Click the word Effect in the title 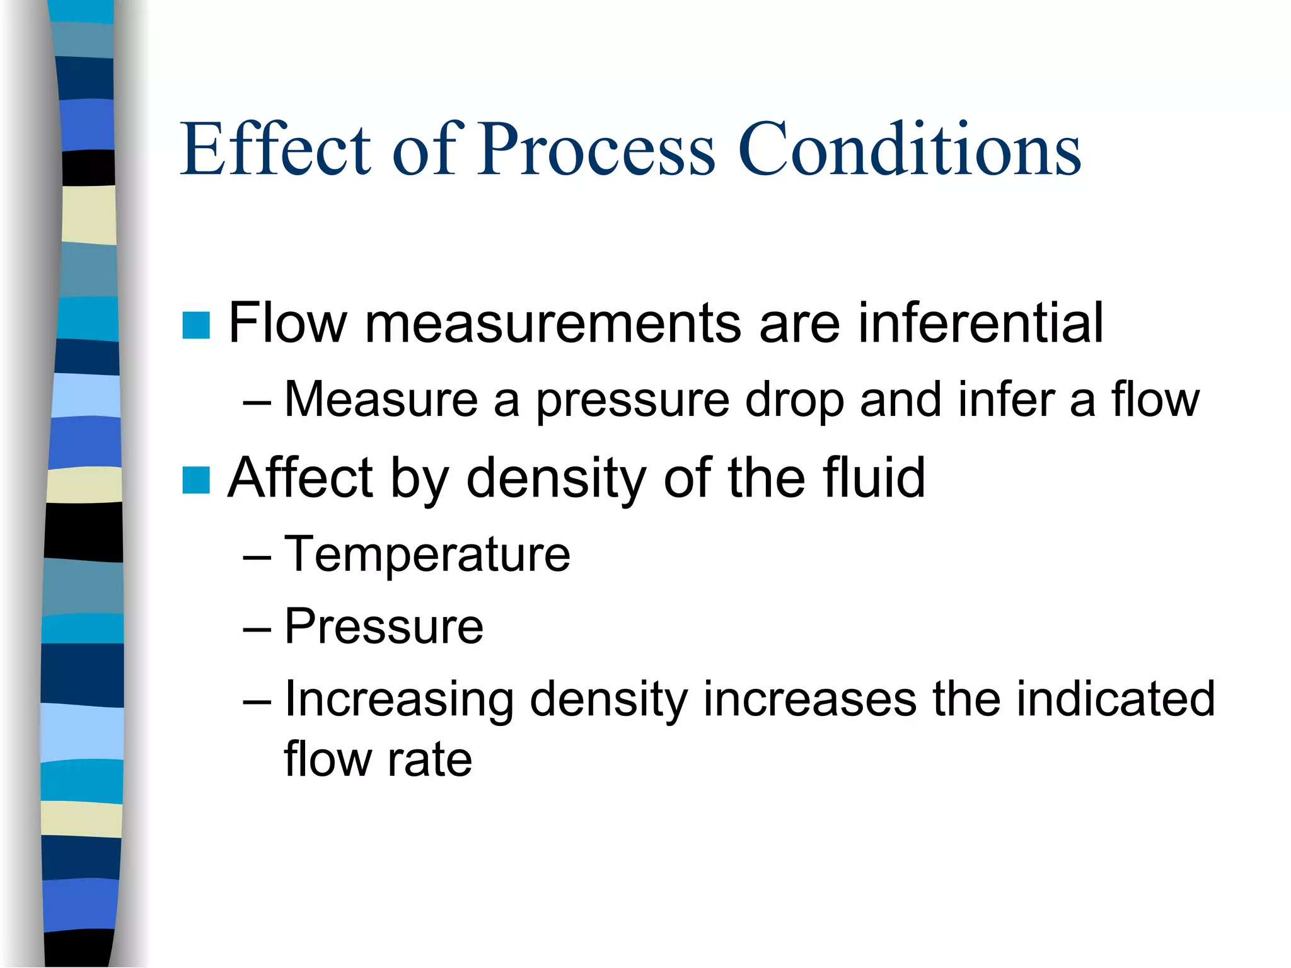pyautogui.click(x=275, y=149)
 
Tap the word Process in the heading pyautogui.click(x=596, y=149)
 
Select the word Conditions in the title pyautogui.click(x=909, y=149)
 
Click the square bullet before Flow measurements pyautogui.click(x=196, y=325)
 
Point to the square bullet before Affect pyautogui.click(x=196, y=480)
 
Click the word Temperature pyautogui.click(x=427, y=555)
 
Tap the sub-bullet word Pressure pyautogui.click(x=383, y=627)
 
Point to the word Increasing pyautogui.click(x=399, y=700)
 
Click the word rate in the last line pyautogui.click(x=429, y=759)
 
